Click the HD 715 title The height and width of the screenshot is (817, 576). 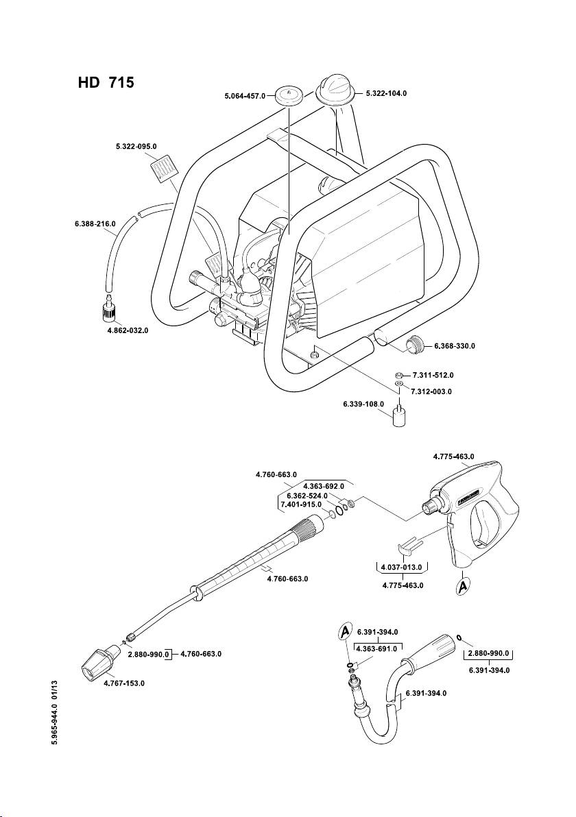pyautogui.click(x=105, y=82)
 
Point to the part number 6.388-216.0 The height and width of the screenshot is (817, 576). pyautogui.click(x=96, y=223)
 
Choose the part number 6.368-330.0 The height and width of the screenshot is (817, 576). pyautogui.click(x=455, y=346)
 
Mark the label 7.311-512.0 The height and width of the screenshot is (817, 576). pyautogui.click(x=433, y=376)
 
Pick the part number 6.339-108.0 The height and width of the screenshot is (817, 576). pyautogui.click(x=363, y=404)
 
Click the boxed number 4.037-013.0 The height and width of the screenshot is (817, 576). pyautogui.click(x=403, y=567)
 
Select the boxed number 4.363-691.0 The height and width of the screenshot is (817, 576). pyautogui.click(x=377, y=646)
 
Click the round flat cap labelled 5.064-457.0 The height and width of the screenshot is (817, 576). pyautogui.click(x=290, y=95)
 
